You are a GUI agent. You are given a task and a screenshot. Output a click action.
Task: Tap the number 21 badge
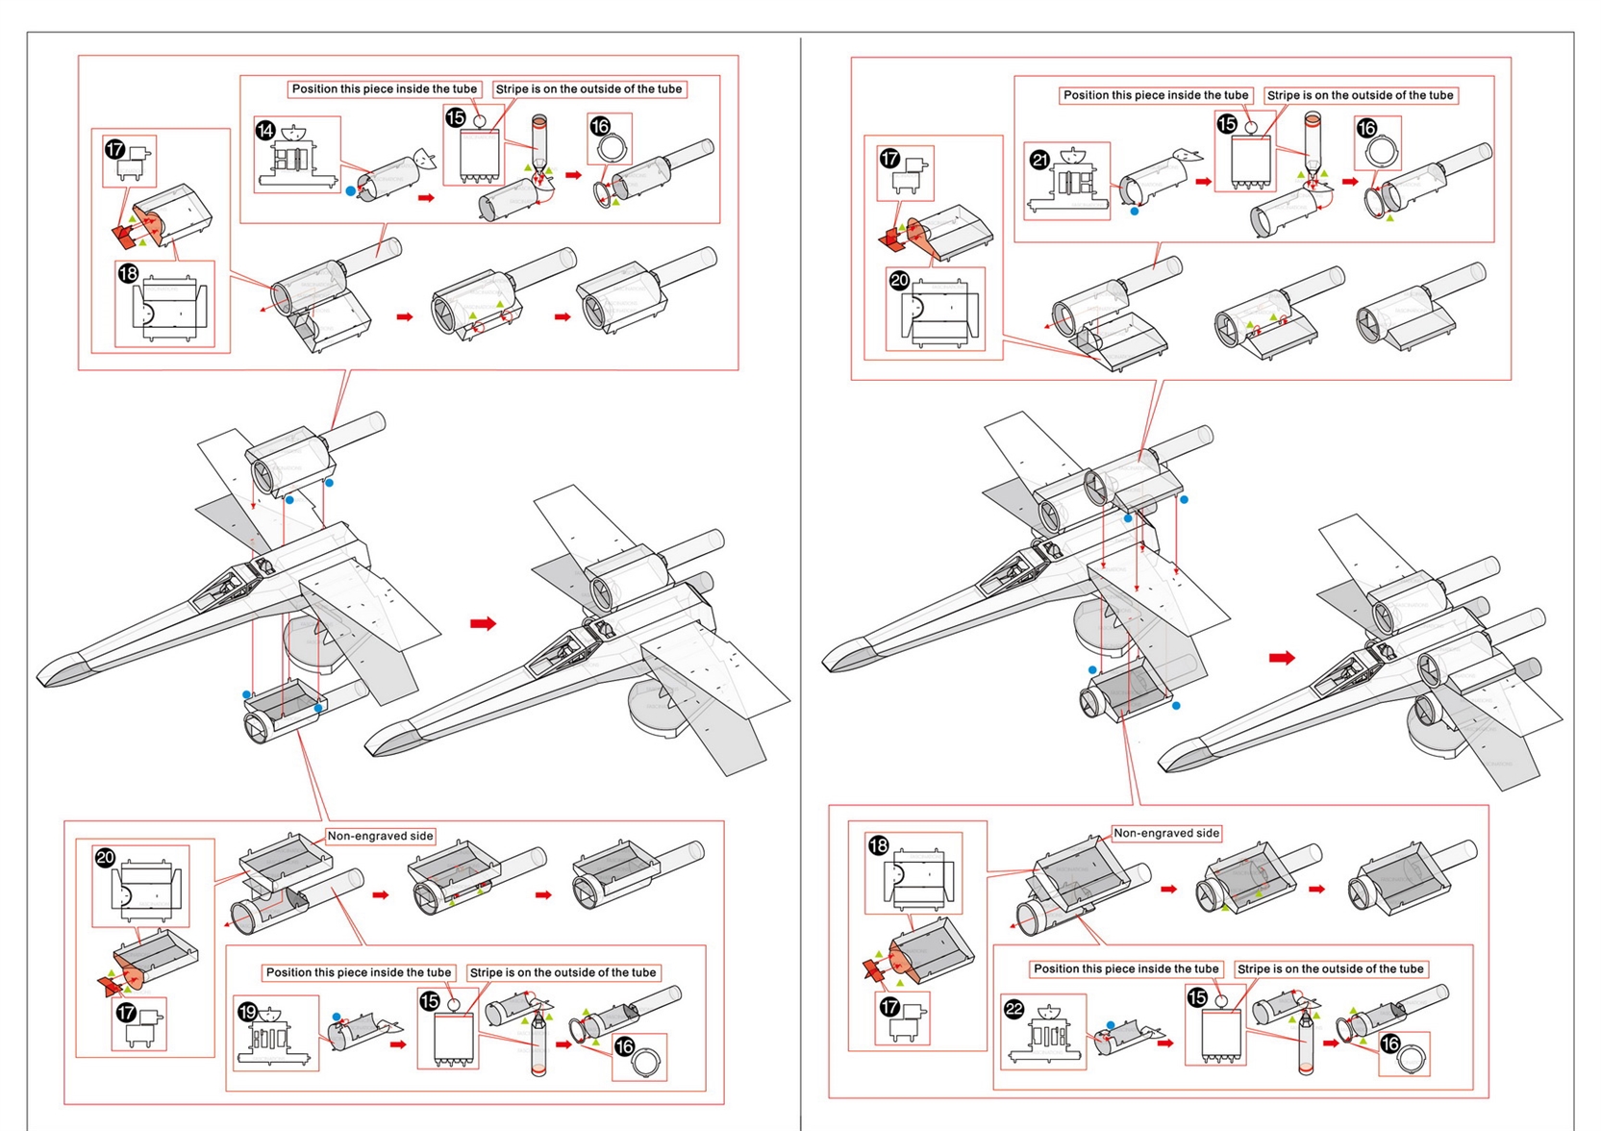click(1039, 160)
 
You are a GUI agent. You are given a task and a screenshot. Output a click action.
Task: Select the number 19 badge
click(248, 1012)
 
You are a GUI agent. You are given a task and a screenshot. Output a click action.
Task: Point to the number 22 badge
click(1013, 1009)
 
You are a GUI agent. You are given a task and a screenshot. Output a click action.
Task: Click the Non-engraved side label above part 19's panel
click(380, 836)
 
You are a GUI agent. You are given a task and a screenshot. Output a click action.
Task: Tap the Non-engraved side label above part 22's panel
click(1165, 833)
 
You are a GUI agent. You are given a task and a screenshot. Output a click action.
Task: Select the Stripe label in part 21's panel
click(1360, 95)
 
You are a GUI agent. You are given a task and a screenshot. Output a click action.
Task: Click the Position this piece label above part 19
click(358, 972)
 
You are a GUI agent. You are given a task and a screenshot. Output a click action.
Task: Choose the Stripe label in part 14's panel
click(588, 88)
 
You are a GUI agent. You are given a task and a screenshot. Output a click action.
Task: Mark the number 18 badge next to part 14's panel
click(128, 274)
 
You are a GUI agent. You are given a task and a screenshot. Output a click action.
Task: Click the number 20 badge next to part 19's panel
click(106, 858)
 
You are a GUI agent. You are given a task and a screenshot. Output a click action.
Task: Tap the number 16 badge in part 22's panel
click(1389, 1043)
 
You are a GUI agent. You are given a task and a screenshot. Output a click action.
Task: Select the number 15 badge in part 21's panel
click(1227, 124)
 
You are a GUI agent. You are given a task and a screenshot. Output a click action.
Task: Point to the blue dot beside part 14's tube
click(351, 191)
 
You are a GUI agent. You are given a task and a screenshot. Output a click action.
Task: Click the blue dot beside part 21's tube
click(1135, 211)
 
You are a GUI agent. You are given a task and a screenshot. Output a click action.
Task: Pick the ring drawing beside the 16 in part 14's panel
click(613, 148)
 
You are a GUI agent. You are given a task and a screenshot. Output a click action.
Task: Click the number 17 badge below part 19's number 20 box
click(126, 1013)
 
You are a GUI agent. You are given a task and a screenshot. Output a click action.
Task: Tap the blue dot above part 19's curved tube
click(336, 1017)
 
